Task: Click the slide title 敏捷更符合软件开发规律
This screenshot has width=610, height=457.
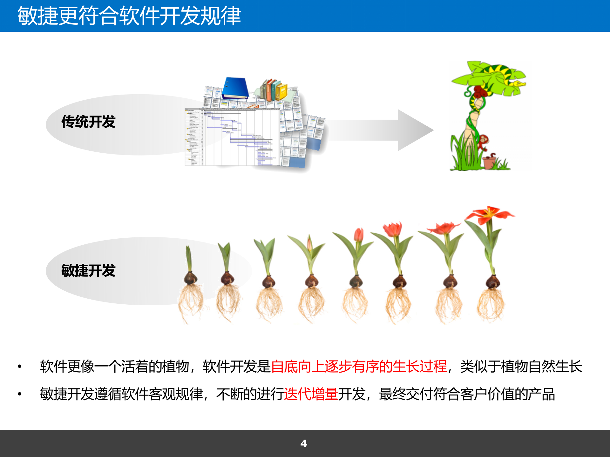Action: pyautogui.click(x=129, y=16)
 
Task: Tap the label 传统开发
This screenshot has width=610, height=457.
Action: pyautogui.click(x=88, y=122)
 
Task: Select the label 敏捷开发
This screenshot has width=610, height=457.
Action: pyautogui.click(x=88, y=271)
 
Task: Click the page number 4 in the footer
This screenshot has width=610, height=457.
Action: pyautogui.click(x=304, y=443)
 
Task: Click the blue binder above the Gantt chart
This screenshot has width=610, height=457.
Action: pyautogui.click(x=235, y=88)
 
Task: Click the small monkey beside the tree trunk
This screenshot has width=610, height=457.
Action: pyautogui.click(x=483, y=142)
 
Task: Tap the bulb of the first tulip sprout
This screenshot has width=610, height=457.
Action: pyautogui.click(x=191, y=279)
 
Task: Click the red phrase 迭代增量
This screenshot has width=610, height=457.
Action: pyautogui.click(x=311, y=394)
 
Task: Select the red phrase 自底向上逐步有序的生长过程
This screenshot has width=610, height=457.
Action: pyautogui.click(x=359, y=367)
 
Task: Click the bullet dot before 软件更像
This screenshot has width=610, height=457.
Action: pyautogui.click(x=20, y=367)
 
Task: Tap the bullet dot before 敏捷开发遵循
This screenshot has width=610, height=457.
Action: pyautogui.click(x=20, y=394)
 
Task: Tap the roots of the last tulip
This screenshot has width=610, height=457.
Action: pyautogui.click(x=491, y=305)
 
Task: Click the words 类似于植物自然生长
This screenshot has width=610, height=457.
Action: pyautogui.click(x=521, y=367)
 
